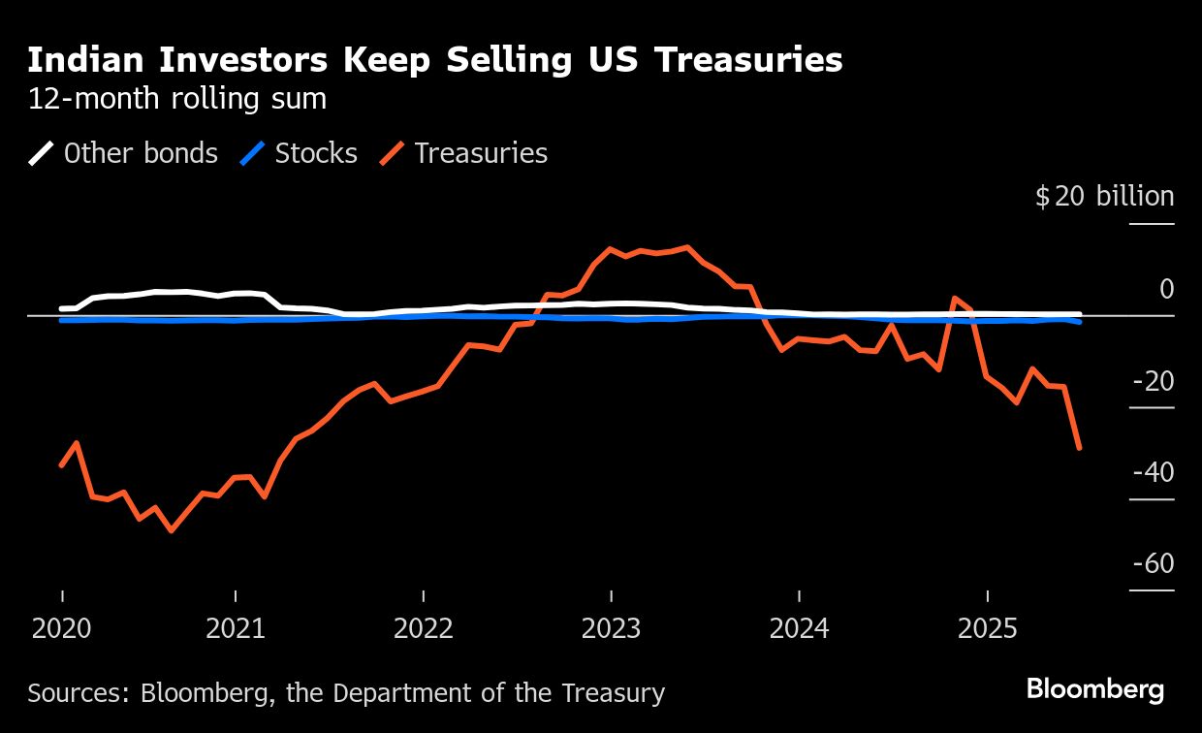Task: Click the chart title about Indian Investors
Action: (x=434, y=60)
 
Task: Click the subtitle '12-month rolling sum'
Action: (x=176, y=99)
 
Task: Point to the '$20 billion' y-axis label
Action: (x=1104, y=197)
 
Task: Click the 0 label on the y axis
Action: (x=1166, y=289)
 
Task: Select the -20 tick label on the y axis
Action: (x=1153, y=381)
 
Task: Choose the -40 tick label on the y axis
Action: (x=1153, y=472)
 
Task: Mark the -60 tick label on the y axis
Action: (x=1153, y=564)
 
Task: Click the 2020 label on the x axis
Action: (x=62, y=629)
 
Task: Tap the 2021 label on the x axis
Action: (x=236, y=629)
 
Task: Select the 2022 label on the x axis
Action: (x=424, y=629)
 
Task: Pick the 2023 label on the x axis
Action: (x=611, y=629)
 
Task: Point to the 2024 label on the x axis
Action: (x=799, y=629)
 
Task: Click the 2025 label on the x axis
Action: (x=987, y=629)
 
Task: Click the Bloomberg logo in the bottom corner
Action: (x=1095, y=690)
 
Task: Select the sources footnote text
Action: (x=346, y=693)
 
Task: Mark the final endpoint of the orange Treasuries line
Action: (x=1079, y=448)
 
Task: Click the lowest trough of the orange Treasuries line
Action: (x=172, y=530)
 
